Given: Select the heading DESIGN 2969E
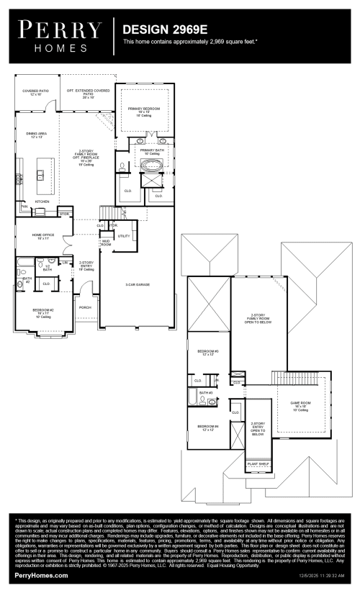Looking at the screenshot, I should pos(164,31).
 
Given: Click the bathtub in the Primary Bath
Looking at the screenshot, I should pos(152,166).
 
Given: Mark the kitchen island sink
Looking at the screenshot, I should pos(41,173).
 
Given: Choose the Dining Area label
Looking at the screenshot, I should pos(36,135).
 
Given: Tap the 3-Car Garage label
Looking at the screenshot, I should pos(137,285).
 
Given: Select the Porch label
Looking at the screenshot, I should pos(86,306).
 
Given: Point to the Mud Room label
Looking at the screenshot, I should pos(106,243).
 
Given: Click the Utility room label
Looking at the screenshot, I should pos(123,236).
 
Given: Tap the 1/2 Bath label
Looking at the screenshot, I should pos(47,268).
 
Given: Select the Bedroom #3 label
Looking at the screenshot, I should pos(207,353).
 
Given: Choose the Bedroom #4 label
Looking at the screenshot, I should pos(207,427).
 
